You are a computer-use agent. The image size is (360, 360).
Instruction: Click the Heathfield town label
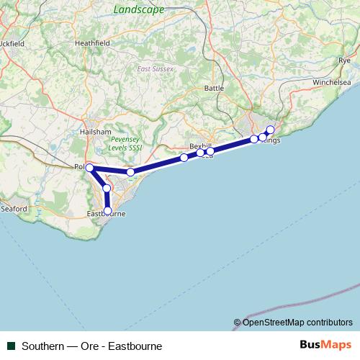pyautogui.click(x=92, y=43)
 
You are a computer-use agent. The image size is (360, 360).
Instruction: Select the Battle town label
pyautogui.click(x=215, y=88)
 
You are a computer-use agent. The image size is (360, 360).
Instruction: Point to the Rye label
pyautogui.click(x=343, y=61)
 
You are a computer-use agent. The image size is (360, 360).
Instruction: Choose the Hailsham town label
pyautogui.click(x=96, y=132)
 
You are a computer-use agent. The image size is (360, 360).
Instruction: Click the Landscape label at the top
pyautogui.click(x=139, y=9)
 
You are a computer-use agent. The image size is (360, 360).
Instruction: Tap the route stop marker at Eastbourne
pyautogui.click(x=107, y=211)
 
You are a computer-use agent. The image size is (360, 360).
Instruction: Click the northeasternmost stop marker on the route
pyautogui.click(x=271, y=130)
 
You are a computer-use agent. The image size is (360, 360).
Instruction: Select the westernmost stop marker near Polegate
pyautogui.click(x=89, y=168)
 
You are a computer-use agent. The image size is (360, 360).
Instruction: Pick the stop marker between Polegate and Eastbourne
pyautogui.click(x=107, y=188)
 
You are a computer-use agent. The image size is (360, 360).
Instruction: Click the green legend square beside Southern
pyautogui.click(x=11, y=346)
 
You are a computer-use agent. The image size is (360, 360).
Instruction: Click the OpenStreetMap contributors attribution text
pyautogui.click(x=293, y=322)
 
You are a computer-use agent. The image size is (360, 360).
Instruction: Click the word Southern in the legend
pyautogui.click(x=42, y=346)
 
